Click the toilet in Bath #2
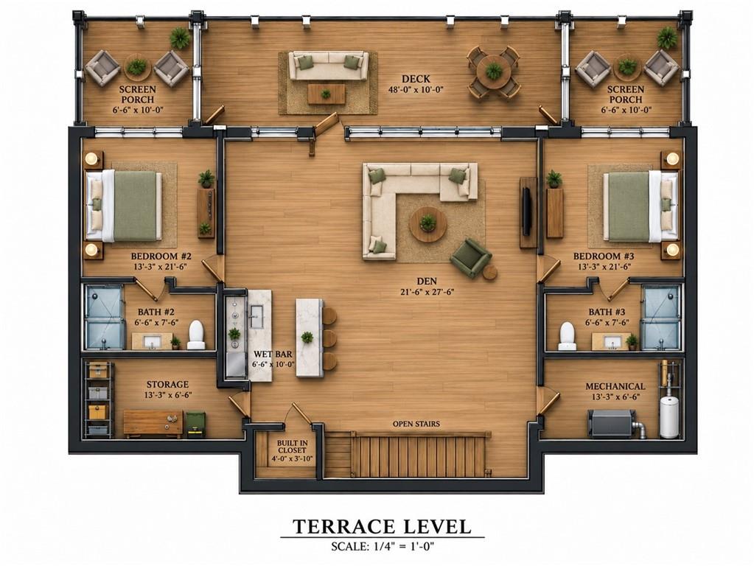pyautogui.click(x=196, y=335)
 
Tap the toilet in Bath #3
pyautogui.click(x=568, y=336)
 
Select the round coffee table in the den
pyautogui.click(x=427, y=225)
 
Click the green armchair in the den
pyautogui.click(x=470, y=258)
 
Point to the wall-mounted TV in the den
pyautogui.click(x=527, y=212)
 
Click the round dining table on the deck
pyautogui.click(x=493, y=71)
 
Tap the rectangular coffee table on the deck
pyautogui.click(x=327, y=94)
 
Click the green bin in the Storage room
pyautogui.click(x=196, y=424)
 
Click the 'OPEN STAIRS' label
pyautogui.click(x=416, y=424)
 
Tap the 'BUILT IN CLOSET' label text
pyautogui.click(x=292, y=447)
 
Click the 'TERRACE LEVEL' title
pyautogui.click(x=383, y=526)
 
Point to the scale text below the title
pyautogui.click(x=383, y=546)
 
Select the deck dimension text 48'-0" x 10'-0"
pyautogui.click(x=416, y=89)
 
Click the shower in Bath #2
pyautogui.click(x=105, y=318)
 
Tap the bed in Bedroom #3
pyautogui.click(x=640, y=206)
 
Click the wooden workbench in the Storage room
pyautogui.click(x=153, y=423)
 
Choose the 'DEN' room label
pyautogui.click(x=427, y=281)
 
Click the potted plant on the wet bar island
pyautogui.click(x=307, y=337)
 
